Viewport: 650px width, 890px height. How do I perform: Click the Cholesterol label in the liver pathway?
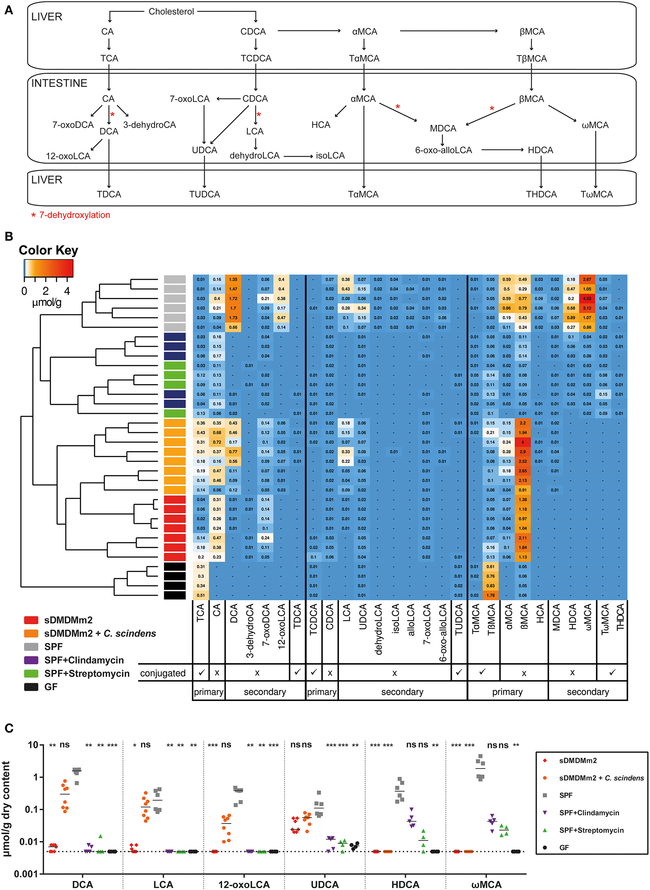pos(171,11)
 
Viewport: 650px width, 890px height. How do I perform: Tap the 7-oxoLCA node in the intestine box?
pos(189,99)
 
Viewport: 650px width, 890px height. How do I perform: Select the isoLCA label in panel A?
pos(330,156)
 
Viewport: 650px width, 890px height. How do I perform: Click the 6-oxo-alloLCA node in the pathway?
pos(444,150)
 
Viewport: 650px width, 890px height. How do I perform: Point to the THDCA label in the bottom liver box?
pos(541,194)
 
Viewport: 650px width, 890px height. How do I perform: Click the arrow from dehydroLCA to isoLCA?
pos(298,156)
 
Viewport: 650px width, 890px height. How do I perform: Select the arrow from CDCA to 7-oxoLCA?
pos(228,99)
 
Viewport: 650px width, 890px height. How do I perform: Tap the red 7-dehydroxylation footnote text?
pos(74,215)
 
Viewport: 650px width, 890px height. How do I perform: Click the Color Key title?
pos(48,250)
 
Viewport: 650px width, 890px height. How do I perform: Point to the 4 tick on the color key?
pos(67,291)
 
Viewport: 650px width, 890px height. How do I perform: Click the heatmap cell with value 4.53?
pos(587,299)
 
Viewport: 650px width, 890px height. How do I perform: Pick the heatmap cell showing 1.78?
pos(491,595)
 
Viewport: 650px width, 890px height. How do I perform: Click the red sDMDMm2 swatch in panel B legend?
pos(31,620)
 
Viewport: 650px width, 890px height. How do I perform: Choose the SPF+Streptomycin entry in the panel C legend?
pos(591,830)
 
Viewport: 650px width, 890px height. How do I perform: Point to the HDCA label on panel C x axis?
pos(405,884)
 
